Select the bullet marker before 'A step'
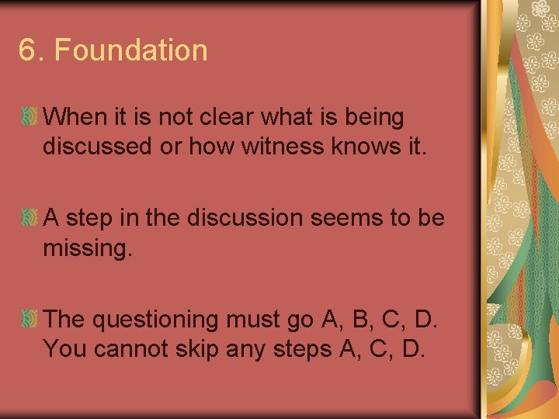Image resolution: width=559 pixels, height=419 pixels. (29, 218)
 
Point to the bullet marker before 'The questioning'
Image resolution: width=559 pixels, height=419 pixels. (29, 318)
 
